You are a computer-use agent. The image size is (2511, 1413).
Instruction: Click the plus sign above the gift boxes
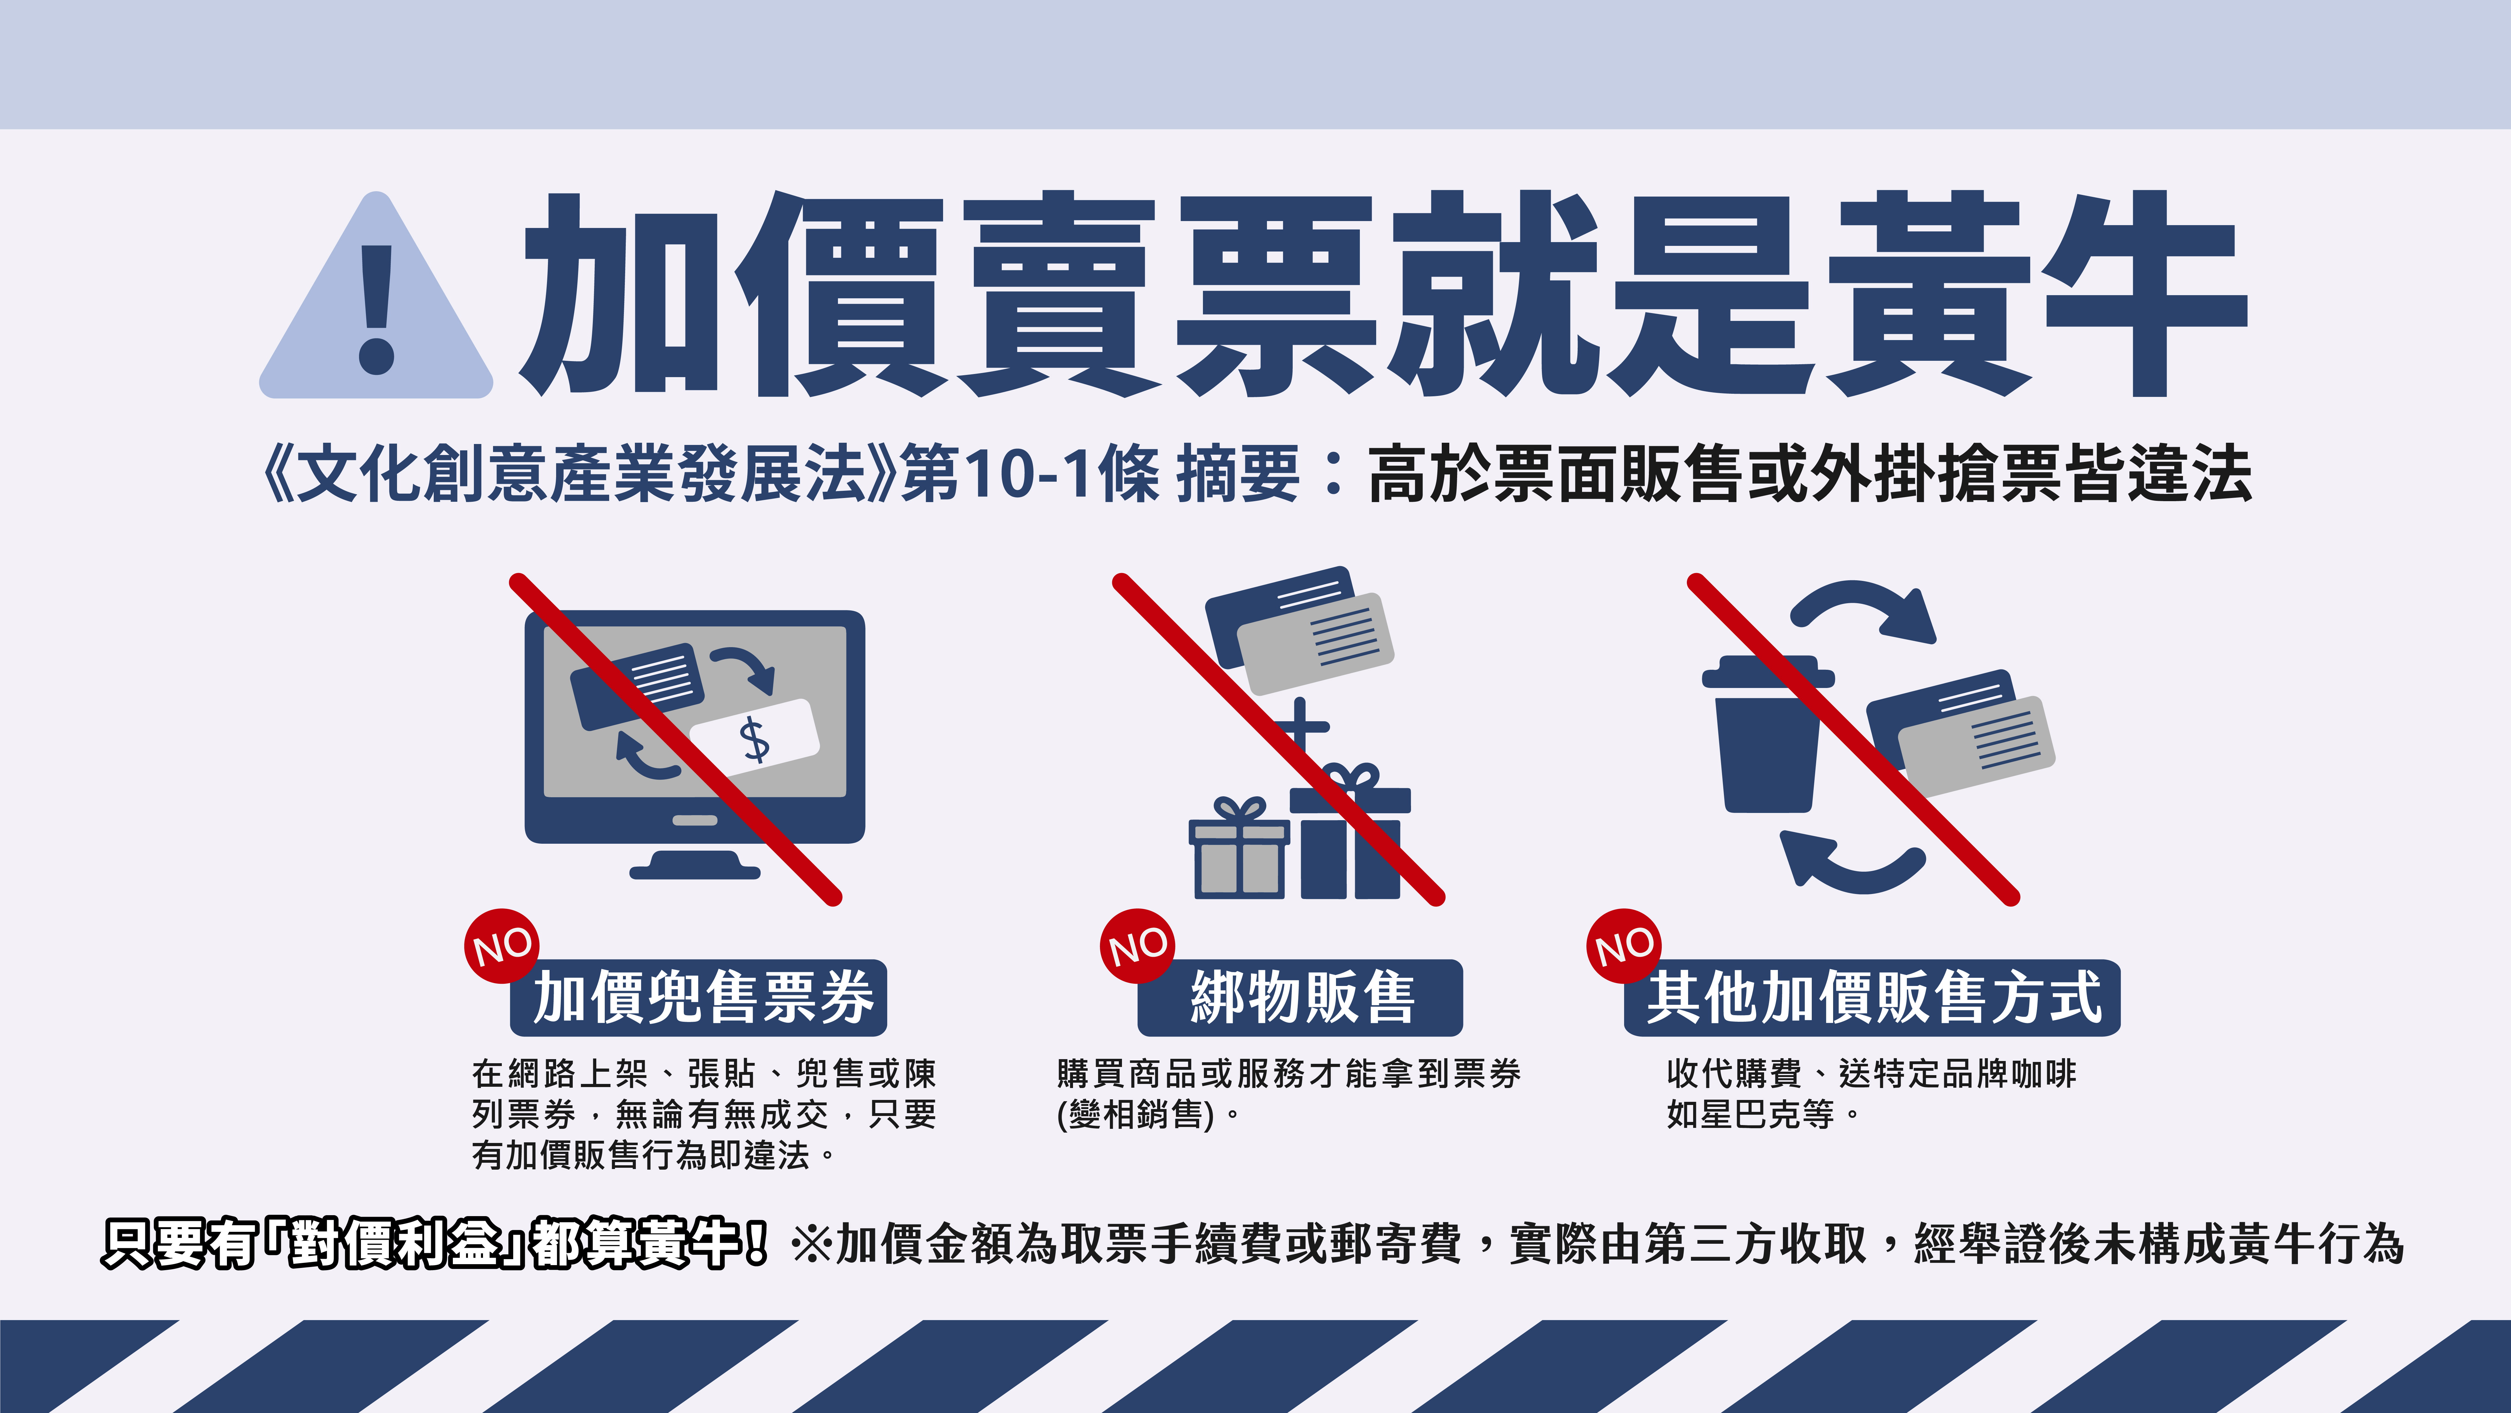[x=1299, y=727]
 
